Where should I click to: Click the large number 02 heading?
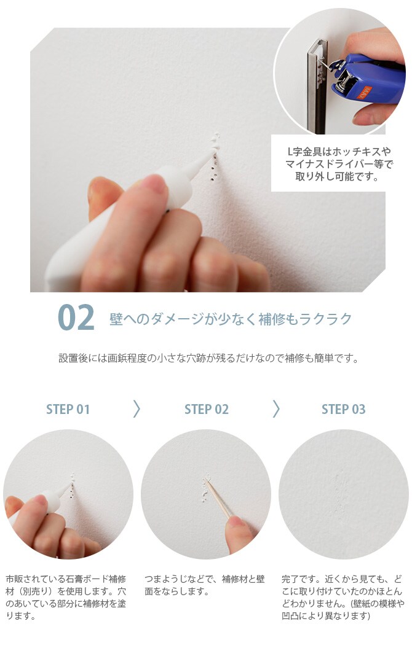[76, 318]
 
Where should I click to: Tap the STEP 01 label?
[68, 409]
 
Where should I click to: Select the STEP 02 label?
[206, 409]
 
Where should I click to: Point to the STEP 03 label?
[343, 409]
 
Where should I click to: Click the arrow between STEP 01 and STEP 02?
[137, 409]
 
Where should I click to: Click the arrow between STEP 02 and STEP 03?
[276, 409]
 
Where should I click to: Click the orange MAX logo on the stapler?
[364, 92]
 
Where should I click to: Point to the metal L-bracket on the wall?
[317, 85]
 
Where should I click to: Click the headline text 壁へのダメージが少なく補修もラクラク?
[231, 319]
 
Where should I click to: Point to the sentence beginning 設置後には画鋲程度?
[208, 358]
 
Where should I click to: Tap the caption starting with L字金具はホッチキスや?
[338, 164]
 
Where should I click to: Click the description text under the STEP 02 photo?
[205, 585]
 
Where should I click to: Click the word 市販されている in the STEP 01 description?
[35, 579]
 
